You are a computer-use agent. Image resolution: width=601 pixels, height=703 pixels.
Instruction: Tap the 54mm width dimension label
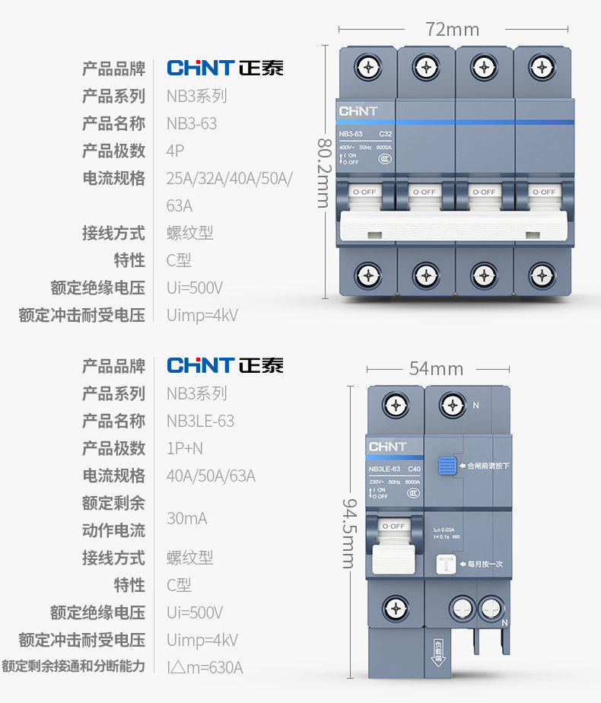(x=436, y=369)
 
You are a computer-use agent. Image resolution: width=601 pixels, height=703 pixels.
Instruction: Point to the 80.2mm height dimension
(x=323, y=173)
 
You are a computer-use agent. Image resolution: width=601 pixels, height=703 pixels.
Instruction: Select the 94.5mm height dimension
(x=348, y=533)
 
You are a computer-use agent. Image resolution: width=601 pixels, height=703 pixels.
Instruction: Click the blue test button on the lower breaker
(x=447, y=465)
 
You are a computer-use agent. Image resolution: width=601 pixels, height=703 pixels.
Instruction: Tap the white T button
(x=447, y=564)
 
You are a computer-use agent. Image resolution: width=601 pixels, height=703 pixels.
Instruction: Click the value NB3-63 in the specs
(x=192, y=123)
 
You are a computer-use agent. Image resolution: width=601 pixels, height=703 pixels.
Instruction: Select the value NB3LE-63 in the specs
(x=200, y=421)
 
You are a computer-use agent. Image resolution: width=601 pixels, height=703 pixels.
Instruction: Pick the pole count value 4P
(x=175, y=151)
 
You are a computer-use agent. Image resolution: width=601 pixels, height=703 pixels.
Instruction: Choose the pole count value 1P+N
(x=185, y=448)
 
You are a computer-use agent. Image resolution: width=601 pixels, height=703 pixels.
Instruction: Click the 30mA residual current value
(x=186, y=518)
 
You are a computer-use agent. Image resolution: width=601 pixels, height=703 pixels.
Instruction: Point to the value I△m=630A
(x=205, y=667)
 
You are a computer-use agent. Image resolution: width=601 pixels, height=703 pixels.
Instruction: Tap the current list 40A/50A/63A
(x=211, y=476)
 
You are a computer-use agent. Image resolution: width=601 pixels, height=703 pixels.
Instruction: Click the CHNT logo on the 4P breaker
(x=358, y=111)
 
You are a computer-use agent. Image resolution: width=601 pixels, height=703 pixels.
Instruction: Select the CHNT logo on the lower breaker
(x=387, y=447)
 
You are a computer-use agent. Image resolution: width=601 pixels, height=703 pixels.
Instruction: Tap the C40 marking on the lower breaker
(x=414, y=469)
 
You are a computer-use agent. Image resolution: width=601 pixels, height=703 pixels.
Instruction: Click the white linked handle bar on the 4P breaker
(x=453, y=227)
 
